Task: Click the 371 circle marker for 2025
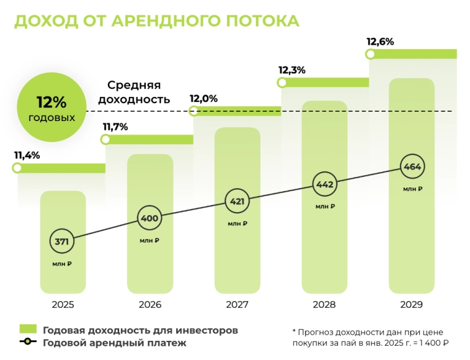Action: [62, 241]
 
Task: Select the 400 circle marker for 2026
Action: [149, 218]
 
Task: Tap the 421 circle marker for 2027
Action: [237, 201]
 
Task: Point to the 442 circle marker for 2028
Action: [325, 184]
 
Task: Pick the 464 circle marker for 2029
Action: [412, 167]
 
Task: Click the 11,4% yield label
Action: [27, 155]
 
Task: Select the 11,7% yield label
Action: [115, 127]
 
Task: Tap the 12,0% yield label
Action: [203, 98]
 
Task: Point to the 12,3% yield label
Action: [292, 70]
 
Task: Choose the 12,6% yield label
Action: [380, 42]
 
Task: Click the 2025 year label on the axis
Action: [63, 305]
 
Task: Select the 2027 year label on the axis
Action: [237, 305]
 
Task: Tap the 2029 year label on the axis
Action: [412, 305]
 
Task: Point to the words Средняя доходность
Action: [134, 92]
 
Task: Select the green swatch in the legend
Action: [28, 329]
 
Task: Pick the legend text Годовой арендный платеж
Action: [115, 343]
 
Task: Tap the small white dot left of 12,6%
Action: [371, 54]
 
